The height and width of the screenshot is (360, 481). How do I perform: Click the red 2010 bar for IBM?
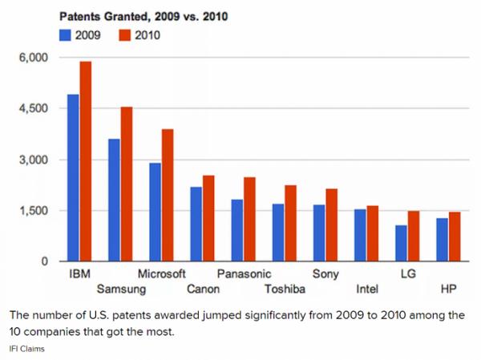click(x=85, y=161)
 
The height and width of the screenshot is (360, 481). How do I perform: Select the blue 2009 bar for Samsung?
click(x=114, y=200)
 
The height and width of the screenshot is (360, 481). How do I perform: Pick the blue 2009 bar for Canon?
click(x=196, y=224)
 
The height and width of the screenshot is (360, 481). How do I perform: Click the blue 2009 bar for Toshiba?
click(x=278, y=233)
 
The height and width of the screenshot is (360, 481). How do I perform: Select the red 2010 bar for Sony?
click(x=331, y=224)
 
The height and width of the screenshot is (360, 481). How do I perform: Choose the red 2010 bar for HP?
click(x=455, y=237)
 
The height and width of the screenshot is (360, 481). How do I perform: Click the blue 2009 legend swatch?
click(x=64, y=35)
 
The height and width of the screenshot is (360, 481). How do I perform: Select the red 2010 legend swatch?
click(x=123, y=35)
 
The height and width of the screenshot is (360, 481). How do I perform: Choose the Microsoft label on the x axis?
click(x=162, y=274)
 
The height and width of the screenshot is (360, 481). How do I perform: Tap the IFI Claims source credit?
click(x=26, y=349)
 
